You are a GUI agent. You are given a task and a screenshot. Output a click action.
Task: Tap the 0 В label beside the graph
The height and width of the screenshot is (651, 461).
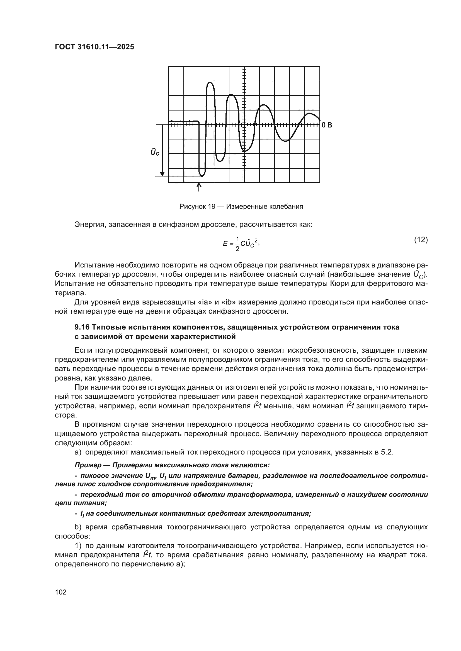click(x=327, y=125)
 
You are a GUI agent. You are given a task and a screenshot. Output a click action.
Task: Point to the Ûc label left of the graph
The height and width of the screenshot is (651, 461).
click(x=155, y=152)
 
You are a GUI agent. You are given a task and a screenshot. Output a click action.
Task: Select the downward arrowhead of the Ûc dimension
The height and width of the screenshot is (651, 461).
click(x=162, y=173)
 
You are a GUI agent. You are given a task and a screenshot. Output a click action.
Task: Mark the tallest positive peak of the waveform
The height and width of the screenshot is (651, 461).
click(x=210, y=83)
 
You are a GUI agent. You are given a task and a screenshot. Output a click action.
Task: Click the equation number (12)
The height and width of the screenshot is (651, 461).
click(x=421, y=240)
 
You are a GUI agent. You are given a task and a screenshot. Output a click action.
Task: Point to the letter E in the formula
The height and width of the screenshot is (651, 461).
click(x=225, y=244)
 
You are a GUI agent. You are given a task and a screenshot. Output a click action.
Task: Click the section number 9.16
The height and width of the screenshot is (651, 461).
click(x=82, y=327)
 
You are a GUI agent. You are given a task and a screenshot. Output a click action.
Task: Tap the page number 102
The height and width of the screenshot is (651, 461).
click(x=61, y=592)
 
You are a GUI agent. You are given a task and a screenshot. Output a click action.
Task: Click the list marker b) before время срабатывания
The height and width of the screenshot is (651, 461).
click(x=78, y=527)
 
